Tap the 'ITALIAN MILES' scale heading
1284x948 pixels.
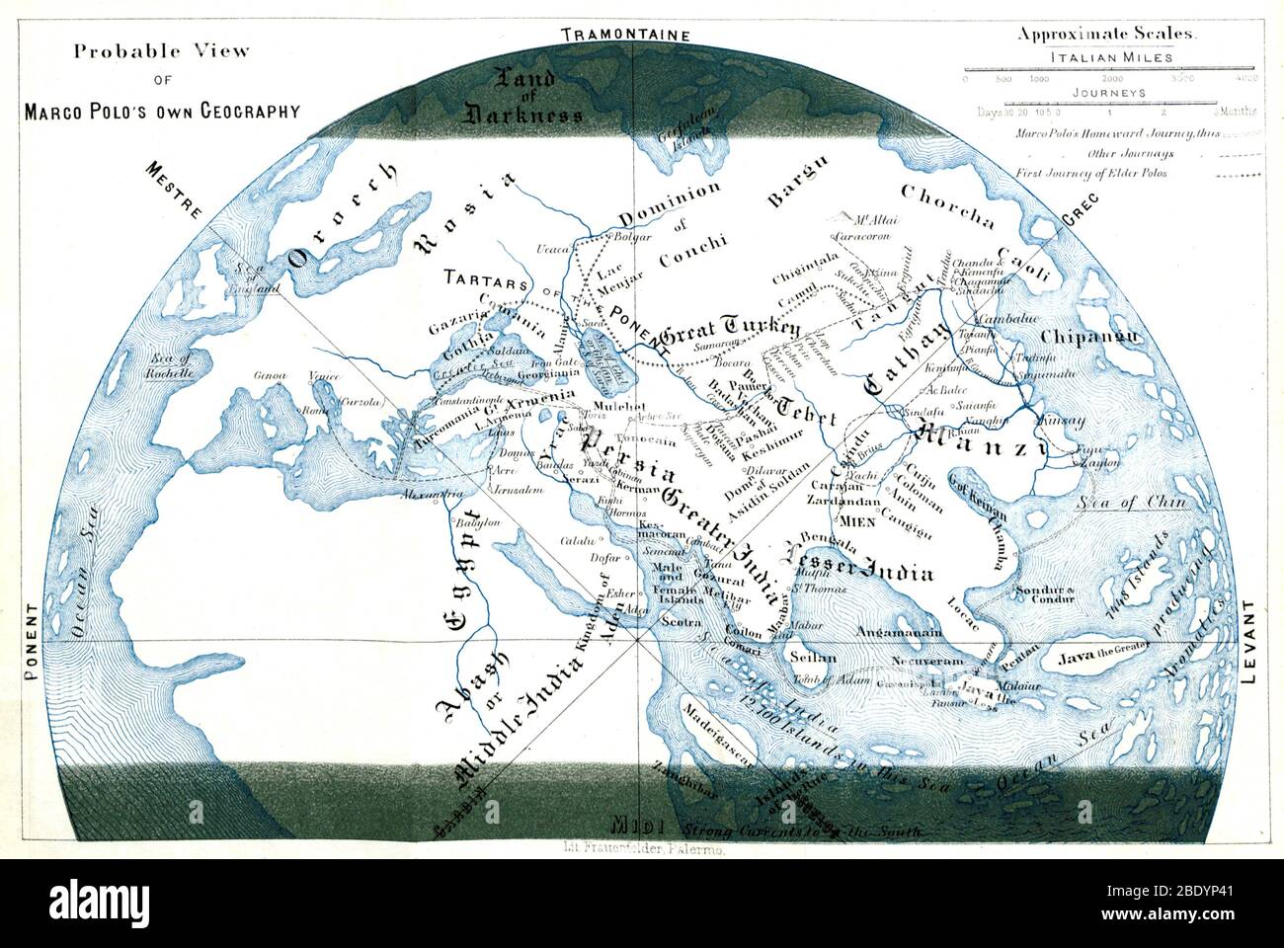pyautogui.click(x=1110, y=58)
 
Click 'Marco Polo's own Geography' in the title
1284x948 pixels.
pyautogui.click(x=164, y=112)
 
